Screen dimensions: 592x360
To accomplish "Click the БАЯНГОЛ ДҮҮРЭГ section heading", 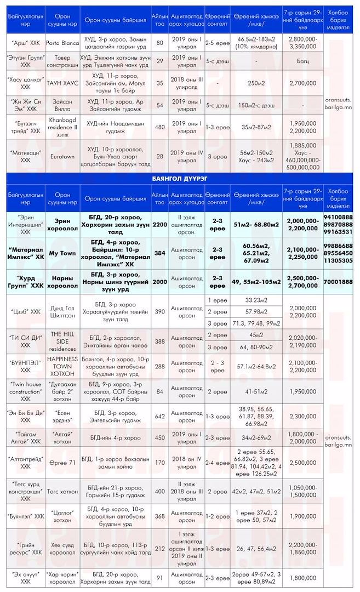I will [180, 179].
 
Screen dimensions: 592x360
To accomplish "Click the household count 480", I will [159, 127].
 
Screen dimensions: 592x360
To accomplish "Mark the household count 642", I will [159, 416].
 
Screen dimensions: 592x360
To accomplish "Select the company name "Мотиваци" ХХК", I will [25, 156].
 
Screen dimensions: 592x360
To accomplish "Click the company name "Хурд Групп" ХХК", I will [25, 282].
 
